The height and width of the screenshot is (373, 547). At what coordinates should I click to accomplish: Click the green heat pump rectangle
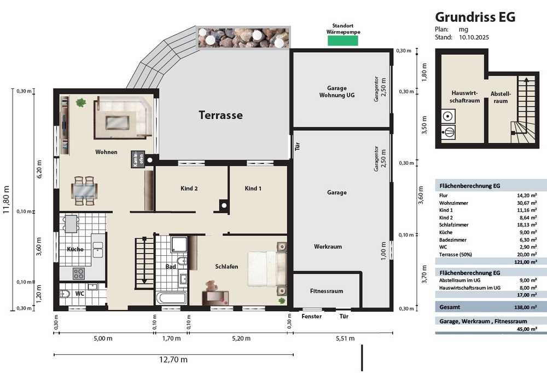(x=342, y=41)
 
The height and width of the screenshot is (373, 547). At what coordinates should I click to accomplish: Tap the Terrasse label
(x=220, y=115)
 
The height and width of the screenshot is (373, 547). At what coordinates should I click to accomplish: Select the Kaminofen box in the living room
(x=137, y=159)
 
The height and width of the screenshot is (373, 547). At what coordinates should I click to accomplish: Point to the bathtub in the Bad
(x=171, y=299)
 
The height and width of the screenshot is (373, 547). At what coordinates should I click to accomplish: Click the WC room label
(x=79, y=294)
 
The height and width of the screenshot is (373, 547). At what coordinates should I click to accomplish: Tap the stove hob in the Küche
(x=78, y=273)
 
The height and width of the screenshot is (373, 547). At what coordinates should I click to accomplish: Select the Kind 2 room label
(x=189, y=188)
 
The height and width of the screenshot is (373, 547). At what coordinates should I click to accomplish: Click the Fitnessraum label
(x=327, y=291)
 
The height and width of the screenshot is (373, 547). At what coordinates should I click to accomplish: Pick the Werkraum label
(x=328, y=246)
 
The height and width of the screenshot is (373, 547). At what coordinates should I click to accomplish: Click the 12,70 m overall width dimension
(x=173, y=359)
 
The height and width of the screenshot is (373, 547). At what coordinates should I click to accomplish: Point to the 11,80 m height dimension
(x=7, y=200)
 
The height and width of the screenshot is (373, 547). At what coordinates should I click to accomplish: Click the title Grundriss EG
(x=475, y=17)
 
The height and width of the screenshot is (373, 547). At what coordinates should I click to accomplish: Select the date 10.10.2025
(x=474, y=37)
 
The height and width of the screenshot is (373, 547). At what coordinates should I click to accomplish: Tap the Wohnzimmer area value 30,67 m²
(x=527, y=203)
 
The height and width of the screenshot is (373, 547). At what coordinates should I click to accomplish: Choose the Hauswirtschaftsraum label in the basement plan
(x=464, y=97)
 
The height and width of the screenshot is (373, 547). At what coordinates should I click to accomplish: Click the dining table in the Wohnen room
(x=84, y=191)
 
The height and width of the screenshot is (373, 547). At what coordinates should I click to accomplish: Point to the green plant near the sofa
(x=81, y=102)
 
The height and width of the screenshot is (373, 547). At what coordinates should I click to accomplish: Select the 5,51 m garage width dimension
(x=345, y=338)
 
